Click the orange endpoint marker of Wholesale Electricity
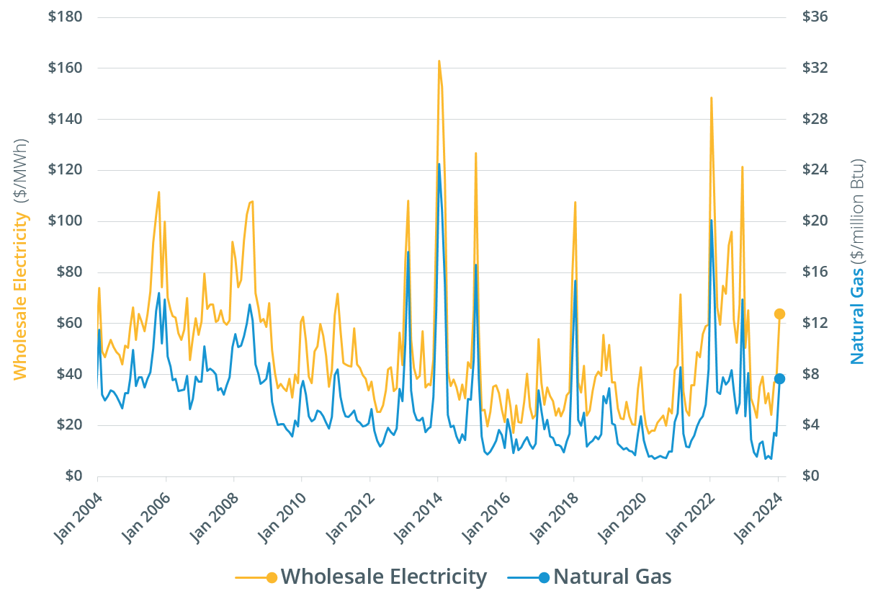[x=779, y=314]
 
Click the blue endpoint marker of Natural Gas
[x=779, y=379]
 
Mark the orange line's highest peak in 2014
[x=439, y=61]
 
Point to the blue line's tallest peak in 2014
[x=439, y=164]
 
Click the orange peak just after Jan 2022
[x=711, y=97]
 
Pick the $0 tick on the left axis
[x=69, y=476]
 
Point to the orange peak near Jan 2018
[x=575, y=202]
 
